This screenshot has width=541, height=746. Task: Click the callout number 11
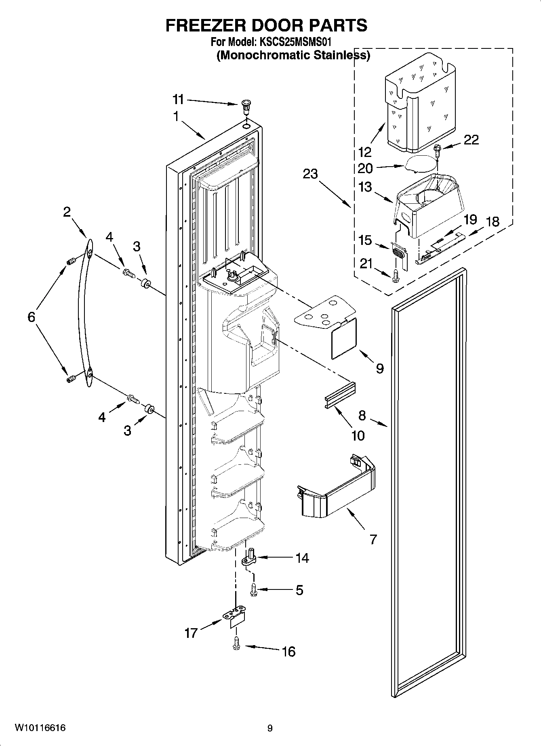pyautogui.click(x=178, y=99)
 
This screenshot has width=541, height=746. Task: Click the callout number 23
pyautogui.click(x=310, y=174)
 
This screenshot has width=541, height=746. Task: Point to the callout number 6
pyautogui.click(x=31, y=317)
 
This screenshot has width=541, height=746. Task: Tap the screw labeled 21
pyautogui.click(x=396, y=275)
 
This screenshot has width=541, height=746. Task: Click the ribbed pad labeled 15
pyautogui.click(x=398, y=253)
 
